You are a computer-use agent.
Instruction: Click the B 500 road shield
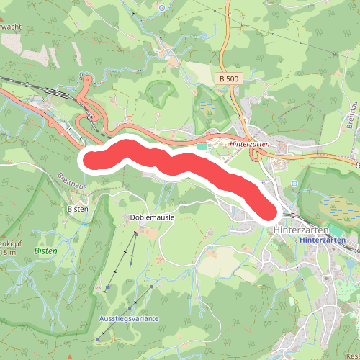coord(228,78)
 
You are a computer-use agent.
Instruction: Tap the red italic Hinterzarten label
coord(251,143)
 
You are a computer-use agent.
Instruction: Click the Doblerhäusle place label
coord(152,216)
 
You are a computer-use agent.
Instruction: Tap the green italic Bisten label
coord(45,251)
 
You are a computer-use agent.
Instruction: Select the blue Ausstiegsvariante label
coord(129,318)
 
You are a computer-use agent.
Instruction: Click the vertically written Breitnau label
coord(351,116)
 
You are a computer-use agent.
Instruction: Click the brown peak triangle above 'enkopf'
coord(4,234)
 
